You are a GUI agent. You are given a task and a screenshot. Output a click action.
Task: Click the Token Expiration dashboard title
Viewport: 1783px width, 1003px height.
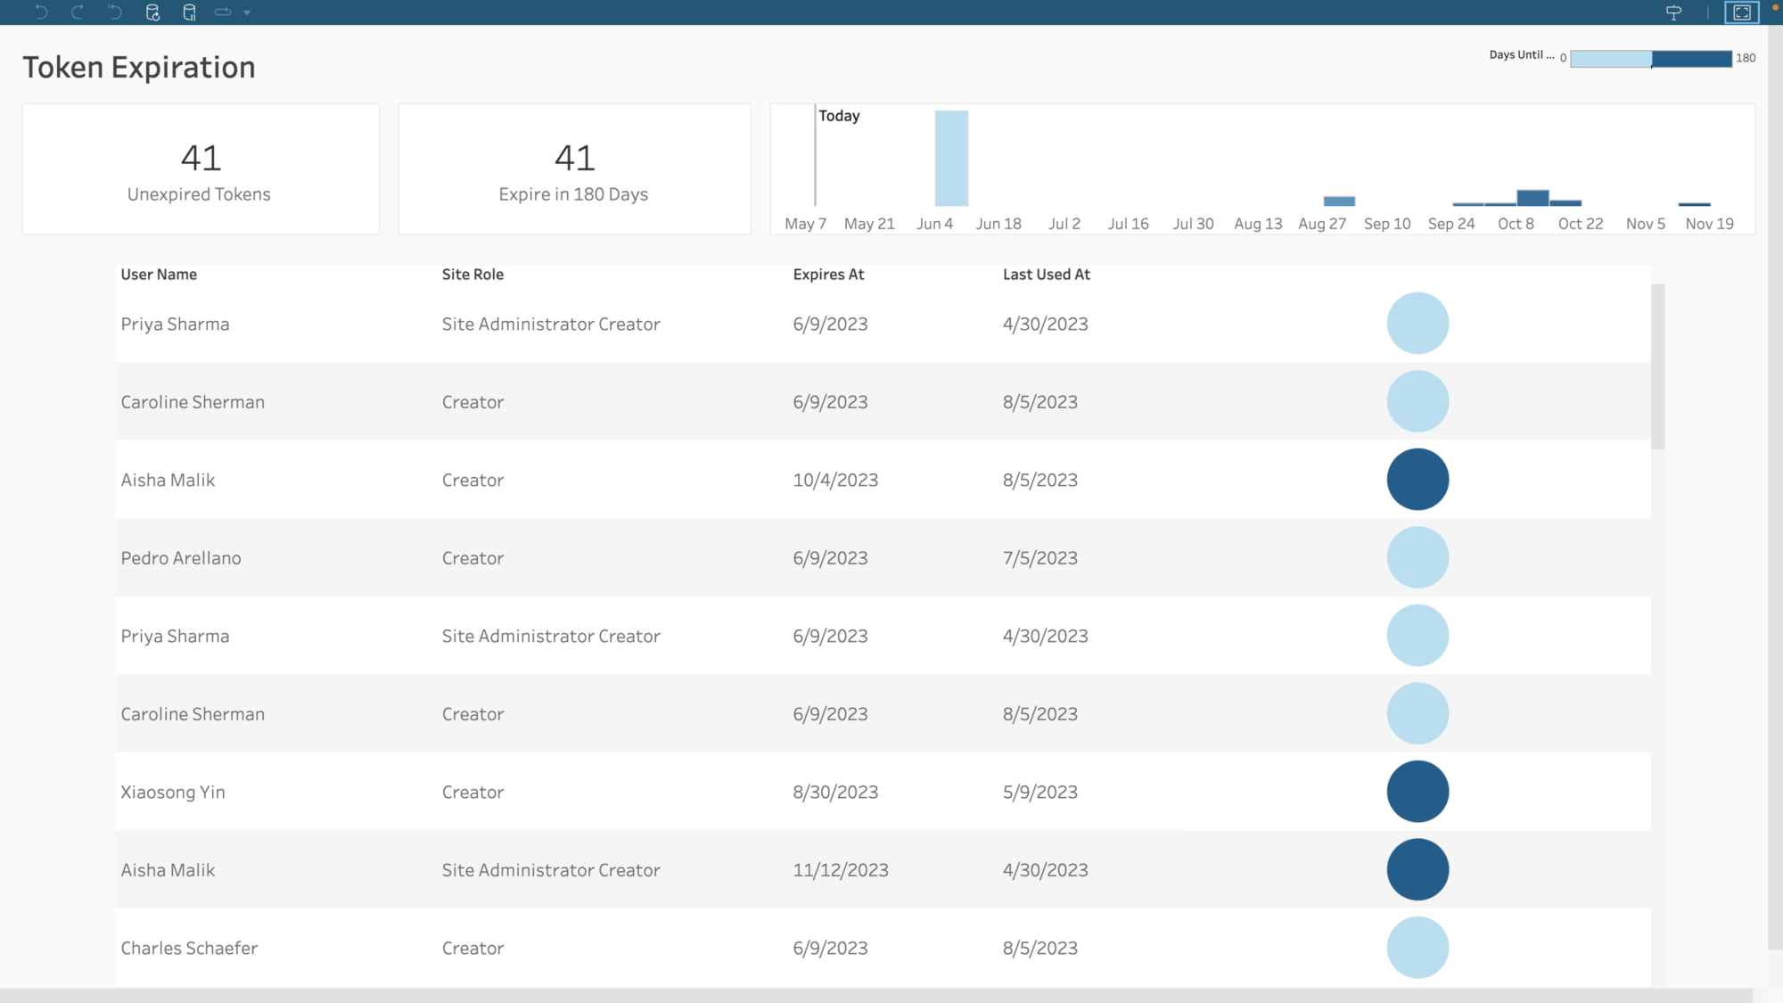pyautogui.click(x=139, y=68)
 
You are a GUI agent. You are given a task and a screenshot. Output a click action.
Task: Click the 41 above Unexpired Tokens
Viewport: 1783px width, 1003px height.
pyautogui.click(x=201, y=159)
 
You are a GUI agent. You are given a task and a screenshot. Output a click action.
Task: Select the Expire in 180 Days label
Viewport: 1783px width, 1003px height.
pyautogui.click(x=573, y=194)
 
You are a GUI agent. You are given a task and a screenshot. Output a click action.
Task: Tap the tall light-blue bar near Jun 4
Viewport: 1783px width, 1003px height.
pyautogui.click(x=951, y=159)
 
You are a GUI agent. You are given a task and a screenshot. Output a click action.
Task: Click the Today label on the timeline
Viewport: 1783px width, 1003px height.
pyautogui.click(x=839, y=116)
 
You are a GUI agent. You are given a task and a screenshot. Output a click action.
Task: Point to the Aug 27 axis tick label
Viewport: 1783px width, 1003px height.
pyautogui.click(x=1321, y=224)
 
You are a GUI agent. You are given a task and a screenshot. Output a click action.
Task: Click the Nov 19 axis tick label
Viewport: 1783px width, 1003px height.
pyautogui.click(x=1709, y=224)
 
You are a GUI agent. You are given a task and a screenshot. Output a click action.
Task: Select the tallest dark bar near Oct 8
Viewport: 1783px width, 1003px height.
pyautogui.click(x=1532, y=198)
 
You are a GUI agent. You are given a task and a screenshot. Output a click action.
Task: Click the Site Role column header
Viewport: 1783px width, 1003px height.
pyautogui.click(x=472, y=275)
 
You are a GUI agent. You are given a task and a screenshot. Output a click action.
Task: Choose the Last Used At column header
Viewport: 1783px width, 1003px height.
pyautogui.click(x=1046, y=275)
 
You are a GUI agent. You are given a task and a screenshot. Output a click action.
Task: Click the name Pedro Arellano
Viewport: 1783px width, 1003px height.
pyautogui.click(x=181, y=558)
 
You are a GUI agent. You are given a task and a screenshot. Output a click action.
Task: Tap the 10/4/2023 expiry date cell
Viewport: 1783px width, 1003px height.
pyautogui.click(x=835, y=481)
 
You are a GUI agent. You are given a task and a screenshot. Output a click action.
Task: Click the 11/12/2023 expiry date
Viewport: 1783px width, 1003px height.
pyautogui.click(x=841, y=870)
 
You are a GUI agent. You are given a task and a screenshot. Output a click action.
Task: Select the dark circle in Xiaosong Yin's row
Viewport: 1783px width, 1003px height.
pyautogui.click(x=1417, y=792)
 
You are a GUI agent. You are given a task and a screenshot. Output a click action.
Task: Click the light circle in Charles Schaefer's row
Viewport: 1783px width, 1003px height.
pyautogui.click(x=1417, y=948)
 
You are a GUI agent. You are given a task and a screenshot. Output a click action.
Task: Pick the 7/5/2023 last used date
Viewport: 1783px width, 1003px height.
pyautogui.click(x=1039, y=558)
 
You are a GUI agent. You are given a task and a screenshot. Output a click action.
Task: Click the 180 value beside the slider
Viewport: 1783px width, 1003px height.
pyautogui.click(x=1746, y=58)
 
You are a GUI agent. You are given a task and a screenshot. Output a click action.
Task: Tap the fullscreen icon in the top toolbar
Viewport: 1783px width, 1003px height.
pyautogui.click(x=1741, y=12)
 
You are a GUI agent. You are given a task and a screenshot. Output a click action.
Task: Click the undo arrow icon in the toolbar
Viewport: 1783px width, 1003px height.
pyautogui.click(x=41, y=12)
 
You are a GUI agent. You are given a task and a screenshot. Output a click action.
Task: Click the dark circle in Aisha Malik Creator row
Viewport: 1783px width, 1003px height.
pyautogui.click(x=1417, y=480)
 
